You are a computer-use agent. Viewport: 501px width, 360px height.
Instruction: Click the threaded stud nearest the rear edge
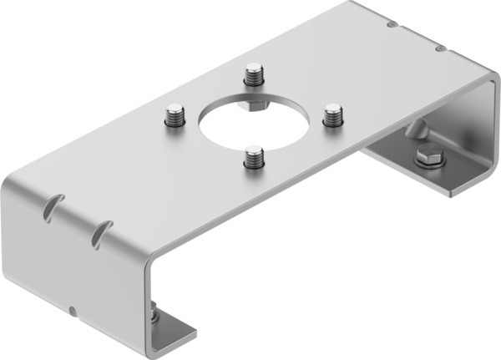tap(254, 75)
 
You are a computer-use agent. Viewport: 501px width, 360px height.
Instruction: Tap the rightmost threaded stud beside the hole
tap(332, 114)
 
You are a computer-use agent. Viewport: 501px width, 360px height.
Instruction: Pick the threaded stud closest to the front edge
tap(253, 158)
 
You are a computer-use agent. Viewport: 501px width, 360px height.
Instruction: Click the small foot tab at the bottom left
tap(175, 332)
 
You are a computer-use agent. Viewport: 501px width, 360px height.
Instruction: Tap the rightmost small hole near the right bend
tap(441, 48)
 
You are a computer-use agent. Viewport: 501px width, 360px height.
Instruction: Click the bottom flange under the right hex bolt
tap(417, 177)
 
